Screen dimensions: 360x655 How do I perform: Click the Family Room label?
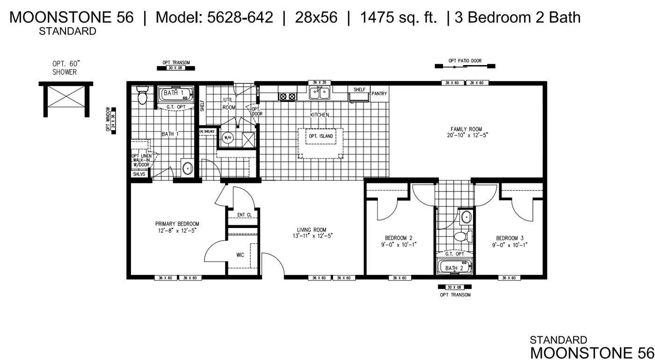coord(466,132)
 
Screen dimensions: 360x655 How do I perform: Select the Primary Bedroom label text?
coord(177,227)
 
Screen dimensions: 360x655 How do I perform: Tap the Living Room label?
coord(311,233)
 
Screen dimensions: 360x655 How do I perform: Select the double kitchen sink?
coord(320,93)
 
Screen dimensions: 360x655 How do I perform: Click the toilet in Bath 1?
coord(142,96)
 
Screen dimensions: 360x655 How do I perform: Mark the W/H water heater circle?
coord(228,138)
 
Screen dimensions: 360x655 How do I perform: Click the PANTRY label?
coord(379,94)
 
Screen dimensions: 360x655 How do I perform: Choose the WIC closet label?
coord(240,255)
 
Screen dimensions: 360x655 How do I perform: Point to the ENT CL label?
coord(244,215)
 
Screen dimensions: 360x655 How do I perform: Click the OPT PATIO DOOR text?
coord(465,61)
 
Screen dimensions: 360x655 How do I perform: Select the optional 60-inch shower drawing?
coord(66,99)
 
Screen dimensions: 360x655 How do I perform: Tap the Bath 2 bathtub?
coord(454,267)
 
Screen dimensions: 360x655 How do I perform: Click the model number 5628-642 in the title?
coord(214,18)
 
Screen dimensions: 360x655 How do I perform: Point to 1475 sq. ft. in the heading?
coord(398,18)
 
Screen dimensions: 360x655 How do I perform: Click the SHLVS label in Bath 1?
coord(139,174)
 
